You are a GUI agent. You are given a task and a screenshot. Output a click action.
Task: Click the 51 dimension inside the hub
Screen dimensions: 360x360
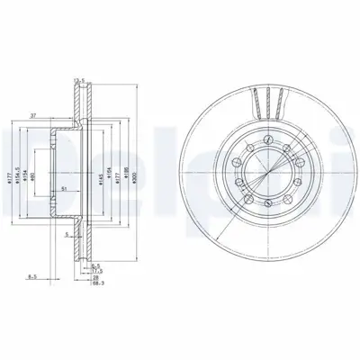click(x=63, y=187)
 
